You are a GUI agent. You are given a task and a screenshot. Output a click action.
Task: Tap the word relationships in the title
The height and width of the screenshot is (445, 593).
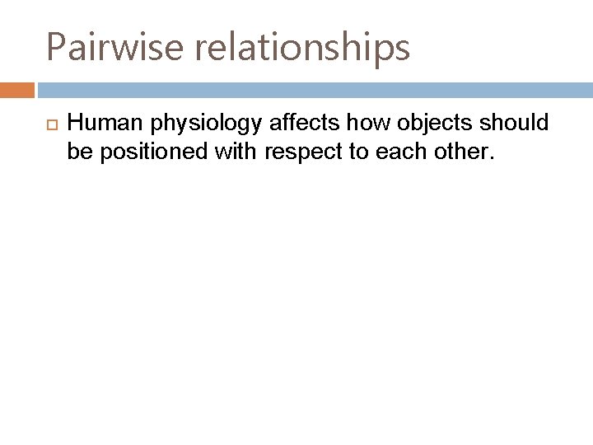(302, 48)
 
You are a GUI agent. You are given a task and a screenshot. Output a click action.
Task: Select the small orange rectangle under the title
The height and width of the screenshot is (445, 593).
(16, 90)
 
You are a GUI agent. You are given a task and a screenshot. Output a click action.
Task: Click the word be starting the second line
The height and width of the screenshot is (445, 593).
(78, 151)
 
